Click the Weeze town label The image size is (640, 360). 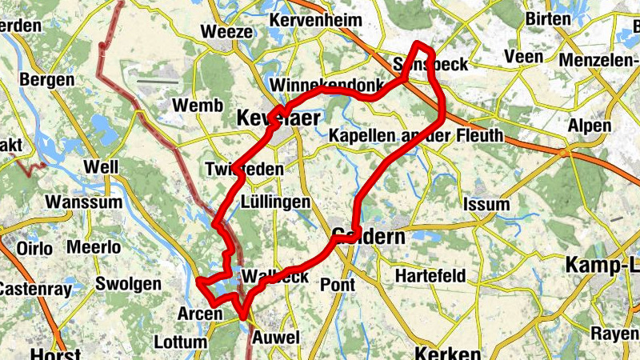228,33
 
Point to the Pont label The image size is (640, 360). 337,284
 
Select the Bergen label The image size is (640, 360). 46,80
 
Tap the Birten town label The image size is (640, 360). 548,19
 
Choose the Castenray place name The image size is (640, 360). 30,286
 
